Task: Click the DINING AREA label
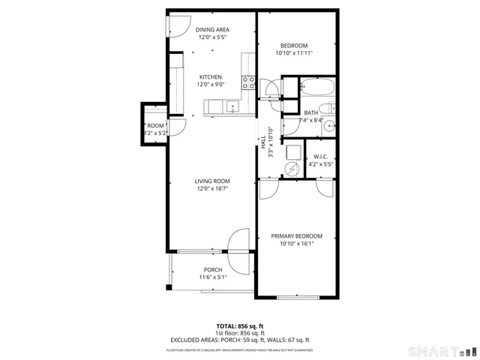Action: [213, 29]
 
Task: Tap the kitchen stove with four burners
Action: [248, 82]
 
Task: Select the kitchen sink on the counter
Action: [232, 107]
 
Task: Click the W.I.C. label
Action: [321, 157]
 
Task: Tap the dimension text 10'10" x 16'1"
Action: [296, 244]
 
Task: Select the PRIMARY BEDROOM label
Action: [296, 235]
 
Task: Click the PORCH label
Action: [213, 270]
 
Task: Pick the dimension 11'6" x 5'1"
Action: [213, 277]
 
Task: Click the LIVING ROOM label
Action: [212, 181]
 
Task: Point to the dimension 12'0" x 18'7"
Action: [212, 189]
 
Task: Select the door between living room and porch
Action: [237, 251]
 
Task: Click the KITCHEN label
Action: [210, 76]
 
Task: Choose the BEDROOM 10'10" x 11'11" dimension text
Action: [295, 53]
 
